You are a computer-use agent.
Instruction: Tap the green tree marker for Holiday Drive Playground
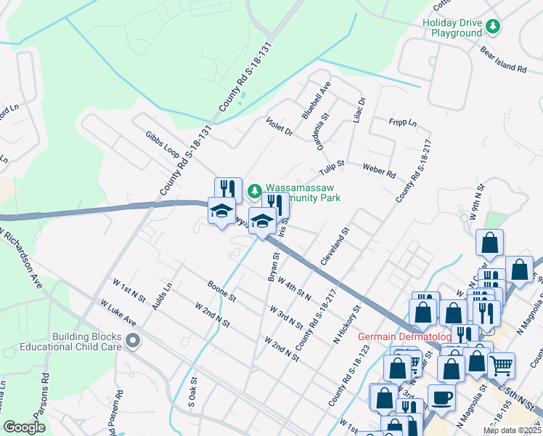pyautogui.click(x=493, y=27)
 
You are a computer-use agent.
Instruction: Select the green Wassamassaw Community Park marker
pyautogui.click(x=254, y=192)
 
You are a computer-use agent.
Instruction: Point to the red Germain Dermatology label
pyautogui.click(x=405, y=336)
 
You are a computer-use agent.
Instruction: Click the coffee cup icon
pyautogui.click(x=441, y=397)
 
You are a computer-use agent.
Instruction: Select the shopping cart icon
pyautogui.click(x=501, y=366)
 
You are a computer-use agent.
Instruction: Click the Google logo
pyautogui.click(x=24, y=427)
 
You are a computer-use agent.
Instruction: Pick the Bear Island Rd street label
pyautogui.click(x=503, y=59)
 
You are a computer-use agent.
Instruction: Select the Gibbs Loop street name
pyautogui.click(x=161, y=145)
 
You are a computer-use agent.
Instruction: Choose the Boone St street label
pyautogui.click(x=221, y=291)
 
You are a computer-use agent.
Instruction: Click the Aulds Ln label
pyautogui.click(x=163, y=295)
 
